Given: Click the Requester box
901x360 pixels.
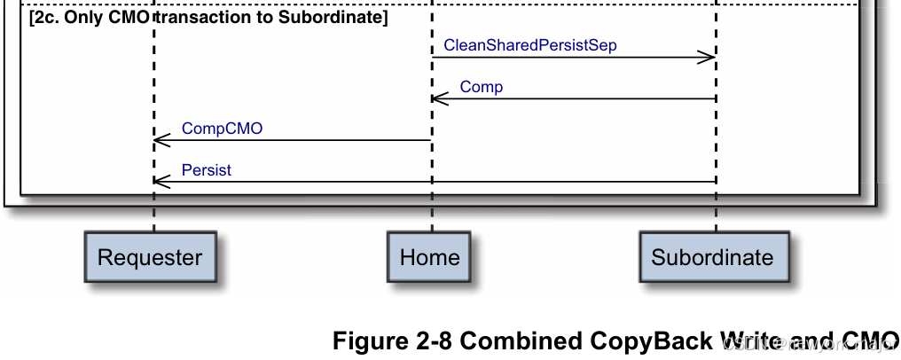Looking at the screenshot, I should click(x=150, y=258).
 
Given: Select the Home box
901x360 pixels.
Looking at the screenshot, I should click(x=430, y=258).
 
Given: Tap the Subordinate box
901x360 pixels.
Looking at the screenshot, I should click(x=712, y=258).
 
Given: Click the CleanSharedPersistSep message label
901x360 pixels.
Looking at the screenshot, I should click(x=529, y=46).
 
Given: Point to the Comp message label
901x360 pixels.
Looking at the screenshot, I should click(x=482, y=87).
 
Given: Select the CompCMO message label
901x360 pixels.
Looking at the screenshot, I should click(x=222, y=129).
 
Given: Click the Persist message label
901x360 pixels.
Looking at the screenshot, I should click(x=207, y=170).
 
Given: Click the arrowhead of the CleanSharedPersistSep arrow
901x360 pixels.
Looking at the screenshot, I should click(x=708, y=58).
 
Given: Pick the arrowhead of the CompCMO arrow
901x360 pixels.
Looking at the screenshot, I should click(x=161, y=140).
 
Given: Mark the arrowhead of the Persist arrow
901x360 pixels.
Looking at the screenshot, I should click(x=161, y=182).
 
